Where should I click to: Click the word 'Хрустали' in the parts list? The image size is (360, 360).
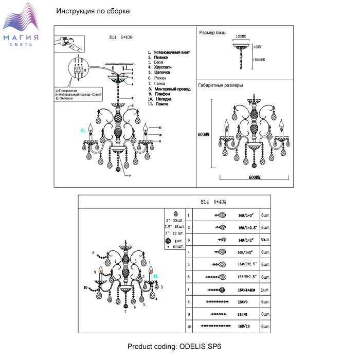(x=160, y=67)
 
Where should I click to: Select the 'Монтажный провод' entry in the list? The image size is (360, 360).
(x=169, y=89)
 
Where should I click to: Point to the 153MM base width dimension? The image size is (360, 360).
(x=240, y=37)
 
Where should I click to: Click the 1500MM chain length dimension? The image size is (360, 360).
(x=258, y=60)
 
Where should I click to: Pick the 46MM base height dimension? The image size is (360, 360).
(x=258, y=47)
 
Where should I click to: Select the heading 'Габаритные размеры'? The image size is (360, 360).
(x=221, y=85)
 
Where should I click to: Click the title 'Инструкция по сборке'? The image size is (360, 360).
(x=93, y=11)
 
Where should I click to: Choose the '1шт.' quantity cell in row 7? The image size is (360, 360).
(x=265, y=290)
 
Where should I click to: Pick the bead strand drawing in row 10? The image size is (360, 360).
(x=216, y=327)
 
